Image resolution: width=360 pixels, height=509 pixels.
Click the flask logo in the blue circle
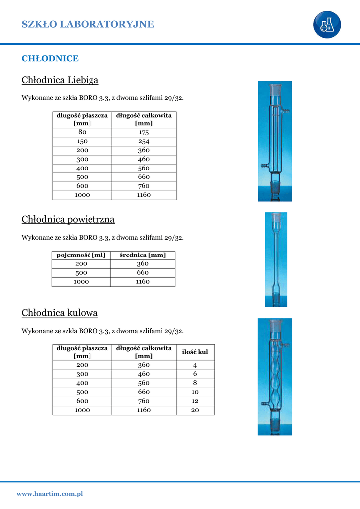(x=327, y=24)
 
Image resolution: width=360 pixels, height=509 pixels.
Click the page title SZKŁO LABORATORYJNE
(x=88, y=24)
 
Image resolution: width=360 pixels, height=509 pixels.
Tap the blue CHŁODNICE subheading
(x=50, y=58)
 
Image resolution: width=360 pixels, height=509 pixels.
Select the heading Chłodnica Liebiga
(x=60, y=80)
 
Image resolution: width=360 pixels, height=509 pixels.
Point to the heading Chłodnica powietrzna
(x=68, y=219)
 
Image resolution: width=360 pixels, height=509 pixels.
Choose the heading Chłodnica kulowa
(x=60, y=313)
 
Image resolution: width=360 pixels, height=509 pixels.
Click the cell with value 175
(x=144, y=132)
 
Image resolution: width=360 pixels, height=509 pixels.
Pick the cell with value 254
(x=144, y=141)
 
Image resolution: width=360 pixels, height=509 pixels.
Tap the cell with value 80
(x=82, y=132)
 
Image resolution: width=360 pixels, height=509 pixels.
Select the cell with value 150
(x=82, y=141)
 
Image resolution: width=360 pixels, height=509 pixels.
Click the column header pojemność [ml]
(x=81, y=255)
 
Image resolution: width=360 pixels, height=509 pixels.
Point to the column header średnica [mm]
(x=143, y=255)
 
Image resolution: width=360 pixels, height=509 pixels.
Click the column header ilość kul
(x=195, y=352)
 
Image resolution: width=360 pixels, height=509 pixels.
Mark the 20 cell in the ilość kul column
(x=195, y=410)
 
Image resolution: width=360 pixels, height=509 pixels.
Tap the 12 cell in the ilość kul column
(x=195, y=401)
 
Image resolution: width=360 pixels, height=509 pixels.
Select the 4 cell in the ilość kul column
(x=195, y=365)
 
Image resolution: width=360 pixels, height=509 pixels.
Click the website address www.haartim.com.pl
(x=50, y=494)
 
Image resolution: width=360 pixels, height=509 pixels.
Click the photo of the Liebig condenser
(x=274, y=141)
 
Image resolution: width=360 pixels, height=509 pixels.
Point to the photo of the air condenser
(x=275, y=259)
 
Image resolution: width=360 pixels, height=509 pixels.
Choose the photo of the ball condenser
(x=274, y=377)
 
